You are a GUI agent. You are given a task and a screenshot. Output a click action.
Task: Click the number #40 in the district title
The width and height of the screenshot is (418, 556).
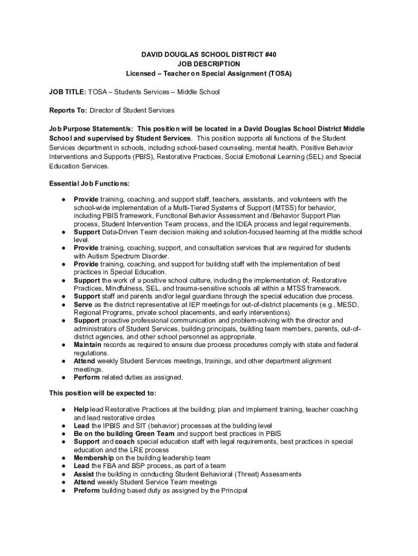click(x=268, y=55)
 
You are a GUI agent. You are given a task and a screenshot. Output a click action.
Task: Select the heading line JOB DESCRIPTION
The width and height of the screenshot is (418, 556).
click(x=209, y=64)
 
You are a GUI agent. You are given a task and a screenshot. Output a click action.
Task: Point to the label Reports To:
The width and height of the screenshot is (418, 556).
click(x=68, y=110)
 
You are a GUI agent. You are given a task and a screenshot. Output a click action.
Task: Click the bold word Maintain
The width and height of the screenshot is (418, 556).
click(x=87, y=345)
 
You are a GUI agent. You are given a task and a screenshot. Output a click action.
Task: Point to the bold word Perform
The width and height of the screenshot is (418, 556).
click(x=87, y=377)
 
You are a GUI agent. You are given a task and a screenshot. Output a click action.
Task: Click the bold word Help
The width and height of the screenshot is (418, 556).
click(x=81, y=409)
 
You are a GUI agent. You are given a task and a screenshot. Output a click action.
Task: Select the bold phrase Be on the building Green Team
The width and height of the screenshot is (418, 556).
click(x=124, y=433)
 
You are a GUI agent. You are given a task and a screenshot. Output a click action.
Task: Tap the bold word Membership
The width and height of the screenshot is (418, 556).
click(x=94, y=458)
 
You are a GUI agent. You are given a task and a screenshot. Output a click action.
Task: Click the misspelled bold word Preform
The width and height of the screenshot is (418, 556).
click(x=87, y=490)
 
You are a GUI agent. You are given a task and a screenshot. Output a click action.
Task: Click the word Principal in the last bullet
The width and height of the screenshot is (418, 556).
click(x=233, y=490)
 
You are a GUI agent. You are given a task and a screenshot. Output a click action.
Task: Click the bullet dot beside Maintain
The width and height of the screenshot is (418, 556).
click(x=64, y=345)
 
